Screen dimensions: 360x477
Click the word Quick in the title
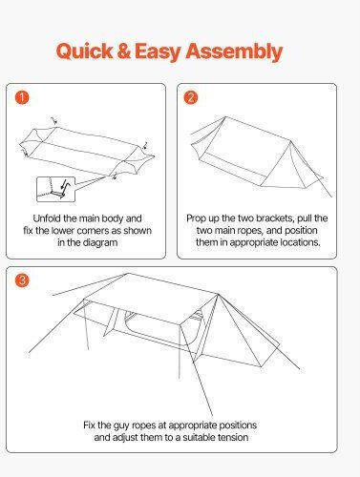[x=84, y=51]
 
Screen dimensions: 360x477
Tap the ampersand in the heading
[x=124, y=51]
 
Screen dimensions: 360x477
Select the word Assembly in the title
[x=234, y=52]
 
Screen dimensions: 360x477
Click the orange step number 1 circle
[x=22, y=97]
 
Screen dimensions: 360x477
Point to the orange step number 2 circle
[x=191, y=97]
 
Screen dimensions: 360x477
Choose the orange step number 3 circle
[x=22, y=280]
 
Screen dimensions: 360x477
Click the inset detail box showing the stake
[x=56, y=189]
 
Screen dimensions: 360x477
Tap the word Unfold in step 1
[x=47, y=218]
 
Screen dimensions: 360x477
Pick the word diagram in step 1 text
[x=100, y=242]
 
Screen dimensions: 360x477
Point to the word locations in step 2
[x=300, y=242]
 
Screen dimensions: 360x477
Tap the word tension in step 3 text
[x=232, y=437]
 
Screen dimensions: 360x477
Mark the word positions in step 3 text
[x=238, y=425]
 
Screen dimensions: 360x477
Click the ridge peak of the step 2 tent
[x=225, y=117]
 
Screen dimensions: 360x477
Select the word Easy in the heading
[x=158, y=52]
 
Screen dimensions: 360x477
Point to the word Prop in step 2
[x=195, y=218]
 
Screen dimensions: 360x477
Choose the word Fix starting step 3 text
[x=89, y=425]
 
